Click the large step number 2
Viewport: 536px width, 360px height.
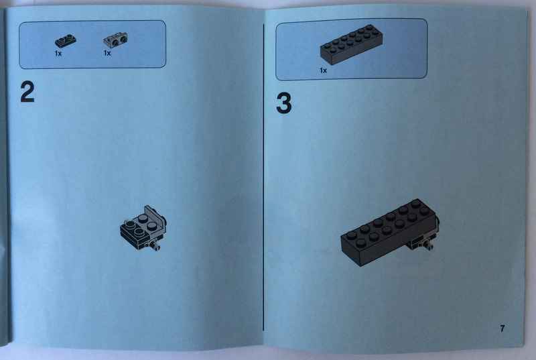pos(27,92)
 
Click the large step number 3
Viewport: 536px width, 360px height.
pos(283,103)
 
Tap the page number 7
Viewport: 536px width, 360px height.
pos(502,328)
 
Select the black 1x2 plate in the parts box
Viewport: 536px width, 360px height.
pos(66,41)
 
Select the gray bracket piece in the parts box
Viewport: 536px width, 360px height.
pos(115,40)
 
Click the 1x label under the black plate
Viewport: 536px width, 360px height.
pos(58,54)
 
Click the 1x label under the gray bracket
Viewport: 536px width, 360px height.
pos(107,53)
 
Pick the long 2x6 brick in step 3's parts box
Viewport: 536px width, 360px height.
pos(351,44)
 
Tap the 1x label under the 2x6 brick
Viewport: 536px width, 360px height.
pos(323,70)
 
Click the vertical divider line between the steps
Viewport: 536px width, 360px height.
pos(263,177)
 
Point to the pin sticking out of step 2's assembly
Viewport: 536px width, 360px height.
pos(154,245)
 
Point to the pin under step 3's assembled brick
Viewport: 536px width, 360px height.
pos(427,245)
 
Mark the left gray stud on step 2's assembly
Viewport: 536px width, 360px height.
pos(130,225)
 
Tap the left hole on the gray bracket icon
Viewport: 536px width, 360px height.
pos(116,43)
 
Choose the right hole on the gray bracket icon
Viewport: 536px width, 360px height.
pos(123,40)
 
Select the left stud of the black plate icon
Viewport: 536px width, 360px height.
pos(62,40)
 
